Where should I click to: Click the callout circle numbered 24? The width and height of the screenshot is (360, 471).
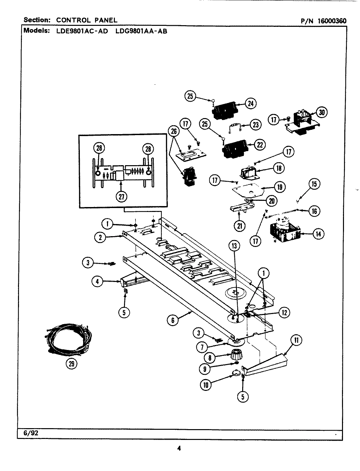click(x=250, y=103)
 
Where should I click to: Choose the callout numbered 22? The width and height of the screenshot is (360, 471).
click(x=260, y=145)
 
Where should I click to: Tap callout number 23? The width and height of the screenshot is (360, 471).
click(x=256, y=124)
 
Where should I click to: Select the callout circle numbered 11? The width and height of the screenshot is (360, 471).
click(x=296, y=340)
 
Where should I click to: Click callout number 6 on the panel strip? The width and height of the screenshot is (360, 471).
click(x=173, y=320)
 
